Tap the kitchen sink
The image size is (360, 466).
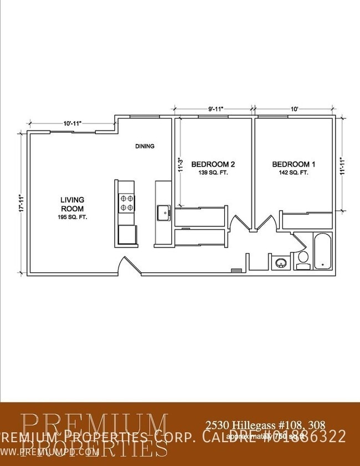point(163,212)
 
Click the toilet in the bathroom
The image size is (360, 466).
point(302,258)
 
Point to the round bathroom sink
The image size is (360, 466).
point(280,262)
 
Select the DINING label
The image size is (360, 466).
point(145,147)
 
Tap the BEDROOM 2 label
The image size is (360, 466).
point(213,164)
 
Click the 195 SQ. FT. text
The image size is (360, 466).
point(72,218)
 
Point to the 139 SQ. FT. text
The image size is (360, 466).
point(213,173)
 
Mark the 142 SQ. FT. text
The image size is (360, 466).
point(294,173)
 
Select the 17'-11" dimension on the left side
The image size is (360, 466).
point(20,203)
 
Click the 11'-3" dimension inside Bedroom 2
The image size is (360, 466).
point(179,167)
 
